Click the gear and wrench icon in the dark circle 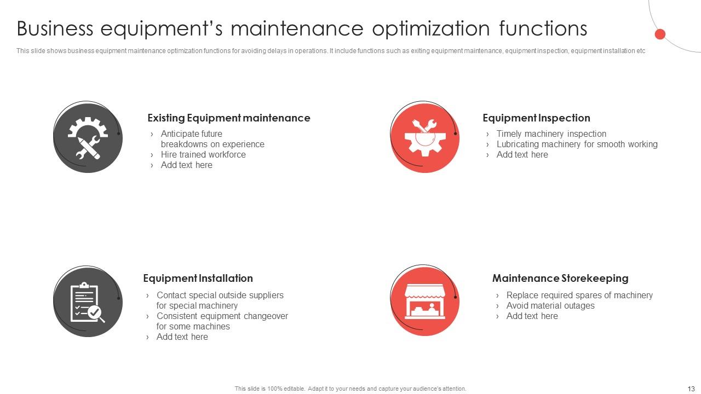click(x=88, y=137)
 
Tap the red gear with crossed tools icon click(x=424, y=137)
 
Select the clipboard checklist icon click(x=88, y=302)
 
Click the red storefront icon click(x=424, y=302)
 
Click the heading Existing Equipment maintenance click(x=228, y=118)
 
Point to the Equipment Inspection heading click(x=536, y=118)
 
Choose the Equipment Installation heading click(x=198, y=279)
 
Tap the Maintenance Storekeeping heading click(x=560, y=279)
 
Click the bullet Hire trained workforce click(x=203, y=155)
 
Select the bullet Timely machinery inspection click(x=551, y=134)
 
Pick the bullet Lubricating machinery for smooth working click(x=577, y=144)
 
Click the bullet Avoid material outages click(x=550, y=306)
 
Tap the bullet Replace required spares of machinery click(x=579, y=296)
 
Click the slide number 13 click(x=691, y=389)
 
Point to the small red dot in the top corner click(x=660, y=34)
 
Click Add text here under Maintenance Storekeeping click(x=532, y=316)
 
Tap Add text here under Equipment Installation click(x=182, y=337)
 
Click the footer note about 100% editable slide click(x=350, y=389)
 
